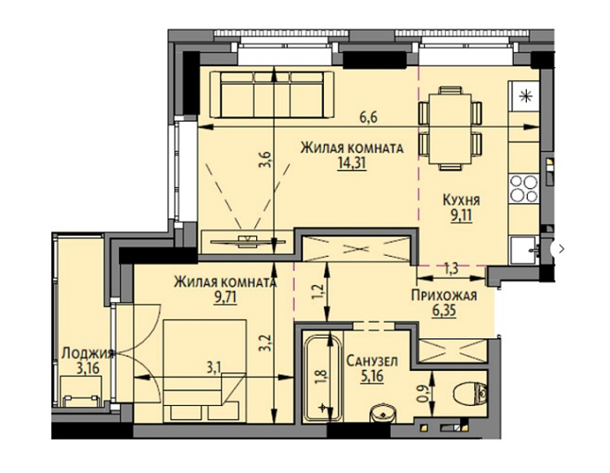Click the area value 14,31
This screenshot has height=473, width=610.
(352, 163)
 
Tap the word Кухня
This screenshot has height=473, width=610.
(461, 200)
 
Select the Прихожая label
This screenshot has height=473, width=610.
(445, 296)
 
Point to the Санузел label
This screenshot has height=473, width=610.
(372, 361)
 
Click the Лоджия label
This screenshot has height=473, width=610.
(88, 353)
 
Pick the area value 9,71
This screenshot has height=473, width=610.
(225, 298)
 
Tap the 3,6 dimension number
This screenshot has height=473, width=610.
(265, 159)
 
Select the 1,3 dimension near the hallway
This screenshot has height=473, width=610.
(451, 269)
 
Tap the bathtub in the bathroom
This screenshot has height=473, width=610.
(323, 378)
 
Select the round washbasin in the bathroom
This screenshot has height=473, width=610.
(384, 414)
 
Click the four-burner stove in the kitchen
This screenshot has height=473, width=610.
(524, 188)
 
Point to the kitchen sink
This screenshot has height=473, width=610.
(525, 250)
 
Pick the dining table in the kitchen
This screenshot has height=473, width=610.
(450, 129)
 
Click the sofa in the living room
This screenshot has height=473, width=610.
(272, 94)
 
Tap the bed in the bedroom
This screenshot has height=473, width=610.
(205, 370)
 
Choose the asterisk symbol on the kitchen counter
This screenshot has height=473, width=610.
(525, 95)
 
